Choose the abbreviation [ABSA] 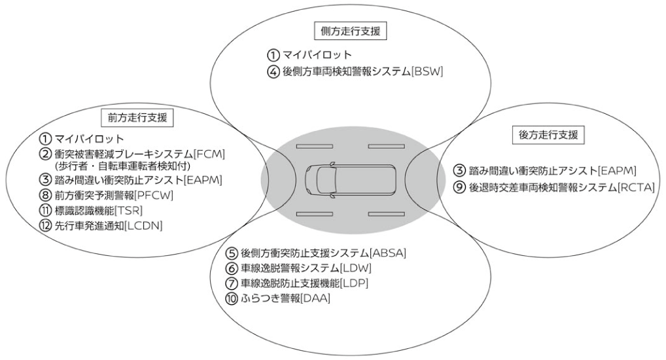point(387,253)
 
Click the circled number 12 point(44,226)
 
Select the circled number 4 point(273,71)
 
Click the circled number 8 point(44,195)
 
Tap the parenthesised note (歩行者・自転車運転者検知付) point(114,166)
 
